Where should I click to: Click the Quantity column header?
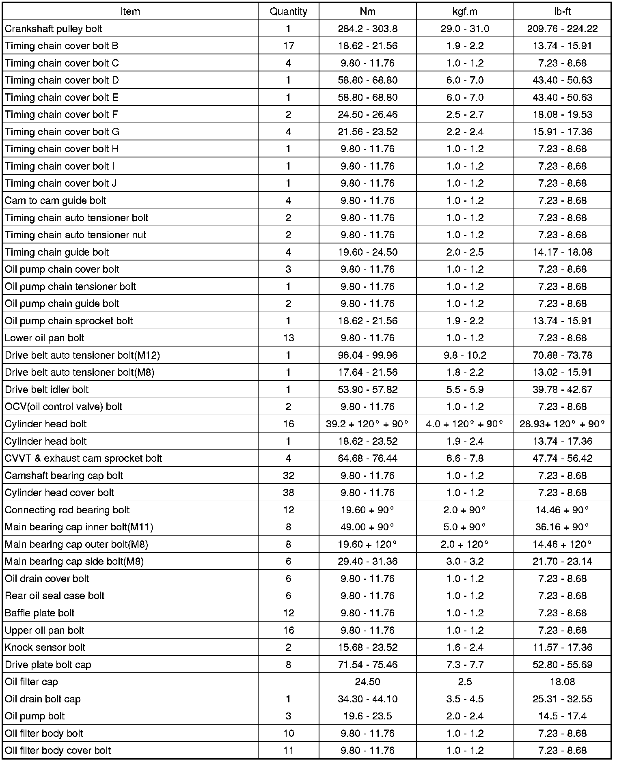click(288, 11)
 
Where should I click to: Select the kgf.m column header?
click(465, 11)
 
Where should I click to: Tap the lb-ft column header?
click(562, 11)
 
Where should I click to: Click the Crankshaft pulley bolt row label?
click(53, 29)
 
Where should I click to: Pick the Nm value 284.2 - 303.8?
click(367, 29)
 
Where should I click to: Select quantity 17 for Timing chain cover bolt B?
click(288, 46)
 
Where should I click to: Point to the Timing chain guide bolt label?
click(57, 252)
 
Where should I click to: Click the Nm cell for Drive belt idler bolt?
click(367, 390)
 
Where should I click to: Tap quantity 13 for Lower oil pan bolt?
click(288, 338)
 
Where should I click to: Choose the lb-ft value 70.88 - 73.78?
click(562, 355)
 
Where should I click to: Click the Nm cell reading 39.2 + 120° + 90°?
click(367, 424)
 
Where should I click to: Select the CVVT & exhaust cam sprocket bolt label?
click(83, 458)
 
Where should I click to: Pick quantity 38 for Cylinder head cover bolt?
click(288, 493)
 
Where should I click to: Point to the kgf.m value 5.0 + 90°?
click(465, 527)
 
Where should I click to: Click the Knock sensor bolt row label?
click(45, 648)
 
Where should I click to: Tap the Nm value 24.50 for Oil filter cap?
click(367, 682)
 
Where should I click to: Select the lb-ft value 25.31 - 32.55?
click(562, 699)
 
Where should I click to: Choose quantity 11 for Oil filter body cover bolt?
click(288, 751)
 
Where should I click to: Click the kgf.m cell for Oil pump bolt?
click(465, 716)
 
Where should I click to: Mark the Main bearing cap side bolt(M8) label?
click(74, 562)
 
